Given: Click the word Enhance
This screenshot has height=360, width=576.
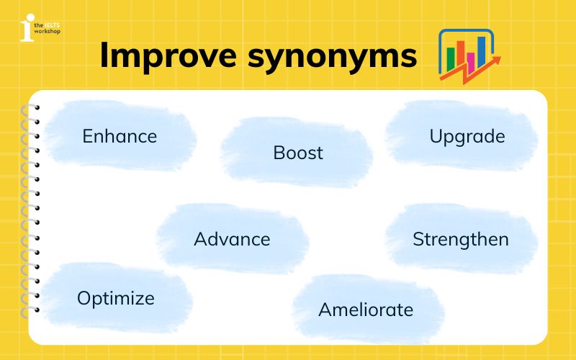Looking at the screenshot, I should [120, 136].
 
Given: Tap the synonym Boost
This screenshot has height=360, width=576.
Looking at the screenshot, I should [298, 153].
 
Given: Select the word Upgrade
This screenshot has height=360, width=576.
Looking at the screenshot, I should [467, 136].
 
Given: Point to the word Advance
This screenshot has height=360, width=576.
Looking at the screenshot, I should [232, 239].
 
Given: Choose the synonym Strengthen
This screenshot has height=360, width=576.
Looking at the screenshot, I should [461, 239].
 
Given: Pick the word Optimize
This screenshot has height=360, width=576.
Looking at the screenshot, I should [116, 297].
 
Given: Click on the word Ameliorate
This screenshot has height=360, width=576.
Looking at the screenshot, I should [366, 310].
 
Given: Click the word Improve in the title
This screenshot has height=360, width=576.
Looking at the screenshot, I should [168, 55].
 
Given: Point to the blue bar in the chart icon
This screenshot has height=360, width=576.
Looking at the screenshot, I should [481, 49].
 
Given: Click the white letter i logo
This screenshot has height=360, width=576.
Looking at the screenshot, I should [27, 27].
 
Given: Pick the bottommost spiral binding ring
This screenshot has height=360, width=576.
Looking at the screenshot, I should [32, 311].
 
